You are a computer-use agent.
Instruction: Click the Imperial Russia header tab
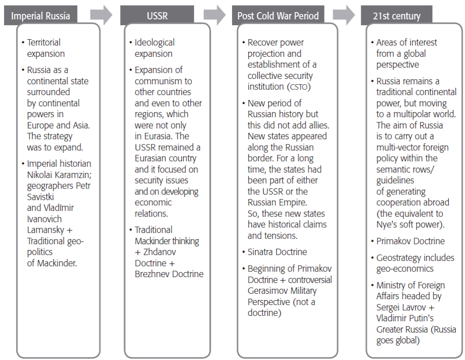coord(40,16)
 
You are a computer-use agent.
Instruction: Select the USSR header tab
coord(157,16)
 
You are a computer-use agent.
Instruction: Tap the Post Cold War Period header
coord(278,16)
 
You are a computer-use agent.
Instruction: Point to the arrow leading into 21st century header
coord(344,15)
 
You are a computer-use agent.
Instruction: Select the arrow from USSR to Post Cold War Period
coord(214,15)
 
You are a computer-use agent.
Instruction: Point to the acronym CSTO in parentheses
coord(298,87)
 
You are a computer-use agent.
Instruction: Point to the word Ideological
coord(154,42)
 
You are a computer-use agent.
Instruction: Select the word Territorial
coord(44,42)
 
